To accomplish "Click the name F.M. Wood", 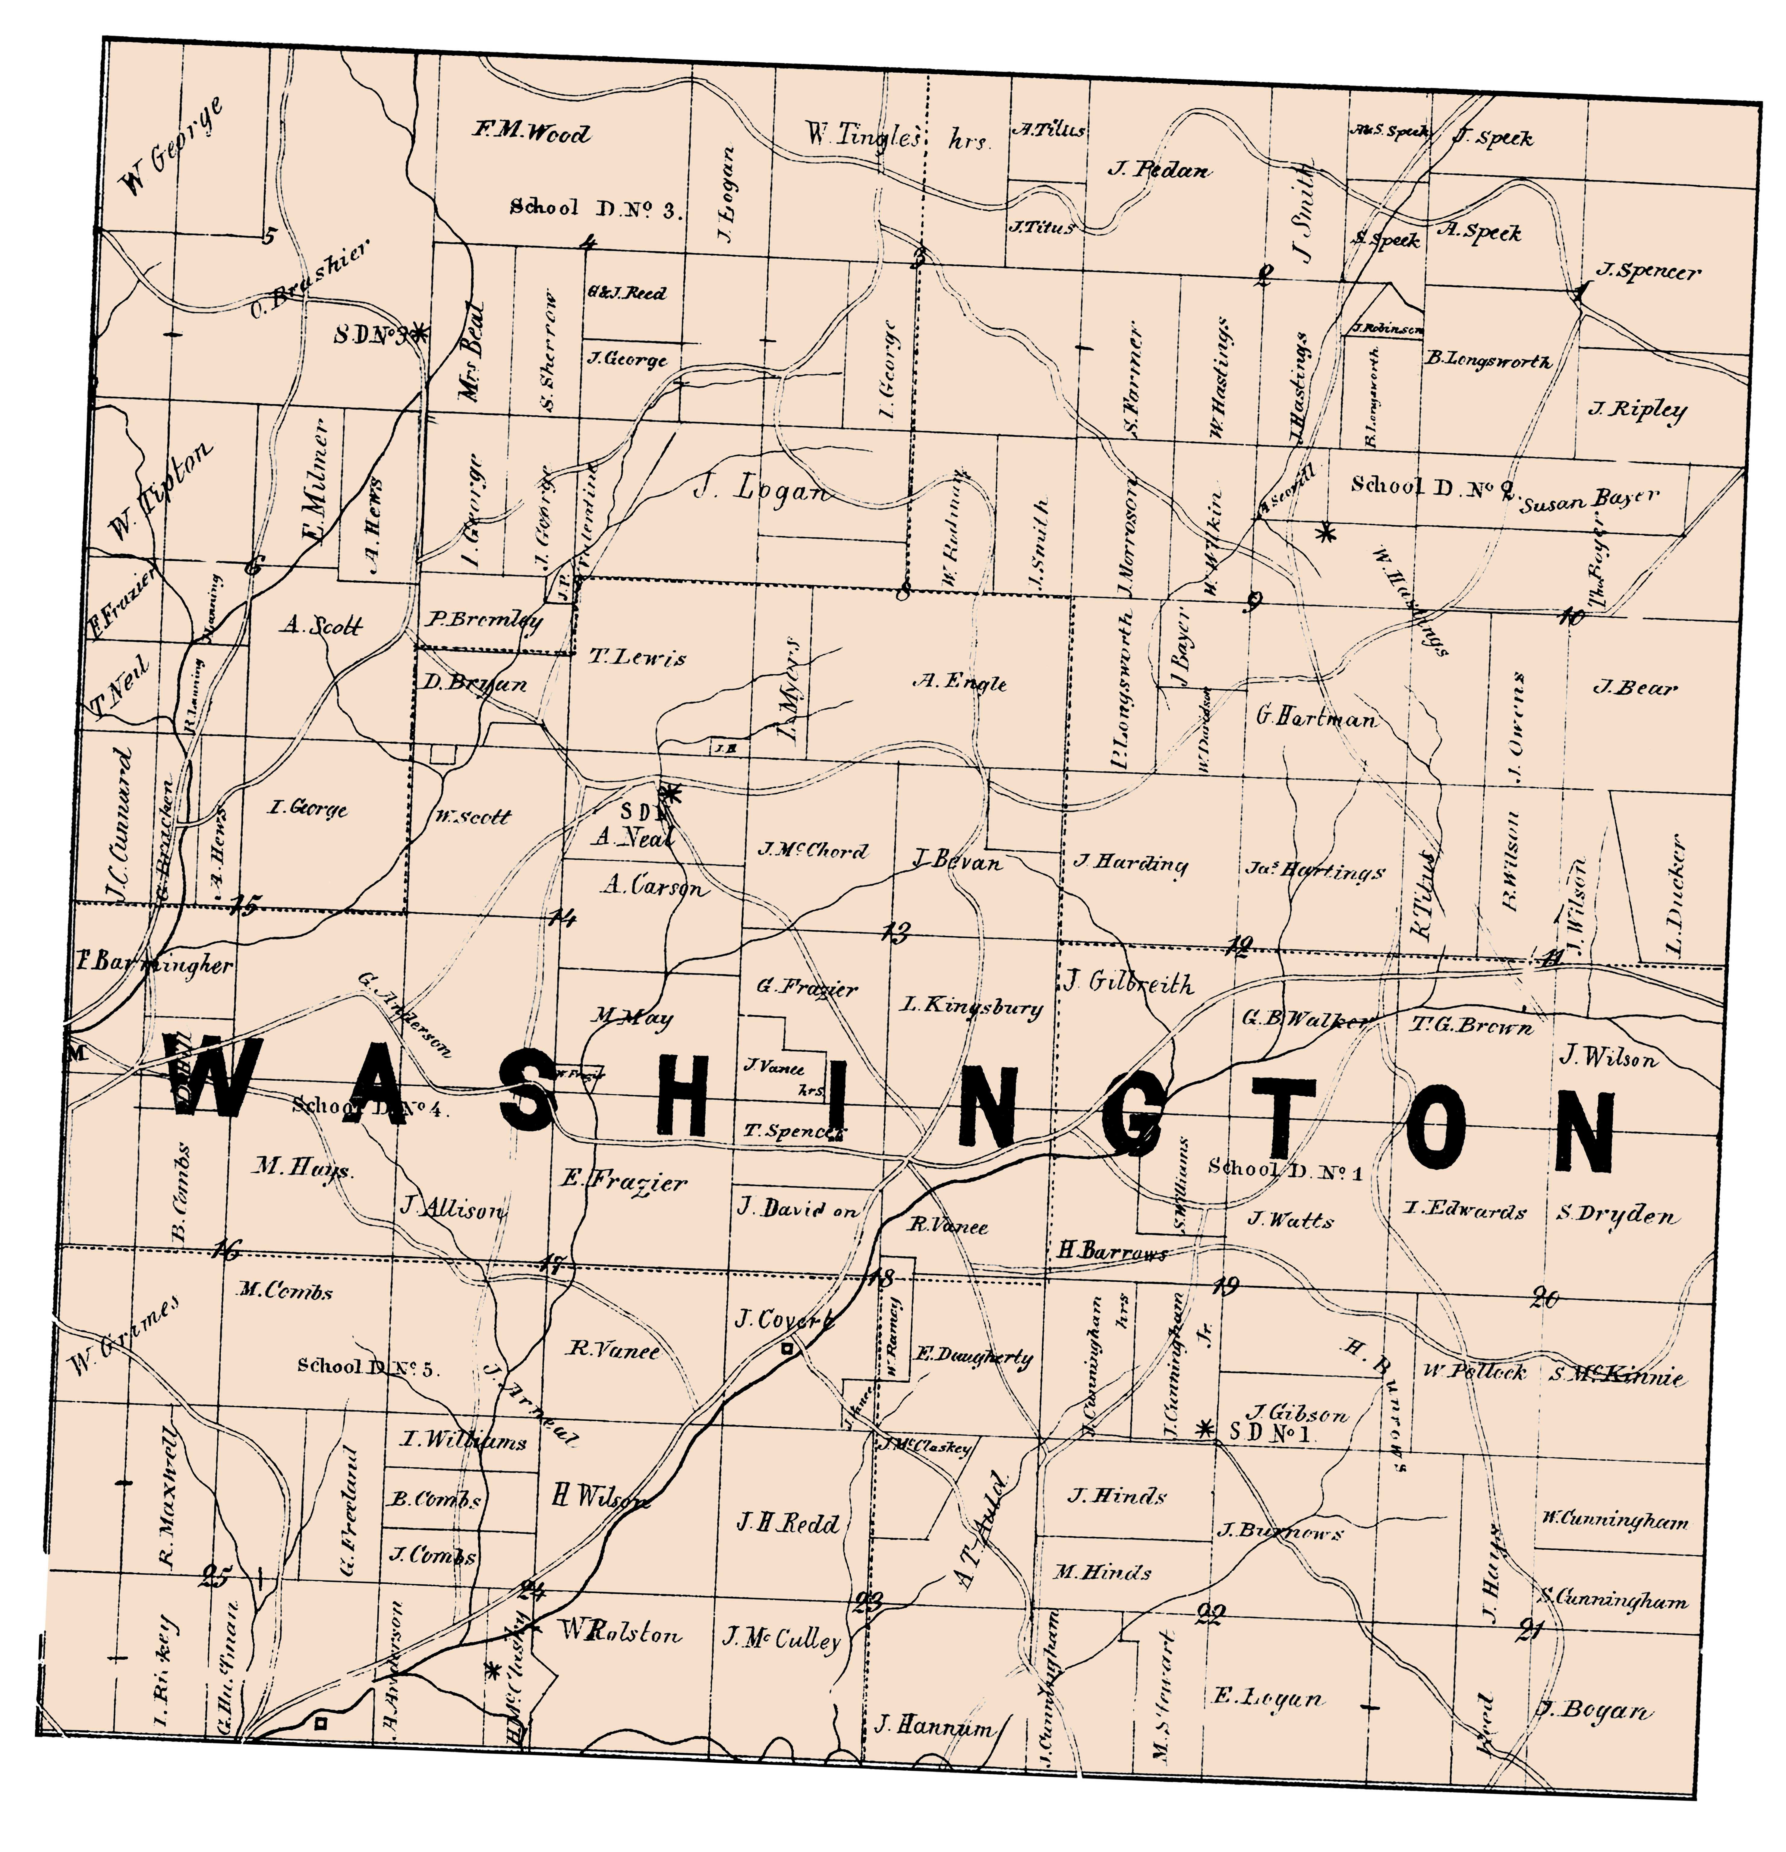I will click(531, 132).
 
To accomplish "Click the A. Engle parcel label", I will click(959, 682).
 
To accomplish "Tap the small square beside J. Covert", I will click(786, 1351).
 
